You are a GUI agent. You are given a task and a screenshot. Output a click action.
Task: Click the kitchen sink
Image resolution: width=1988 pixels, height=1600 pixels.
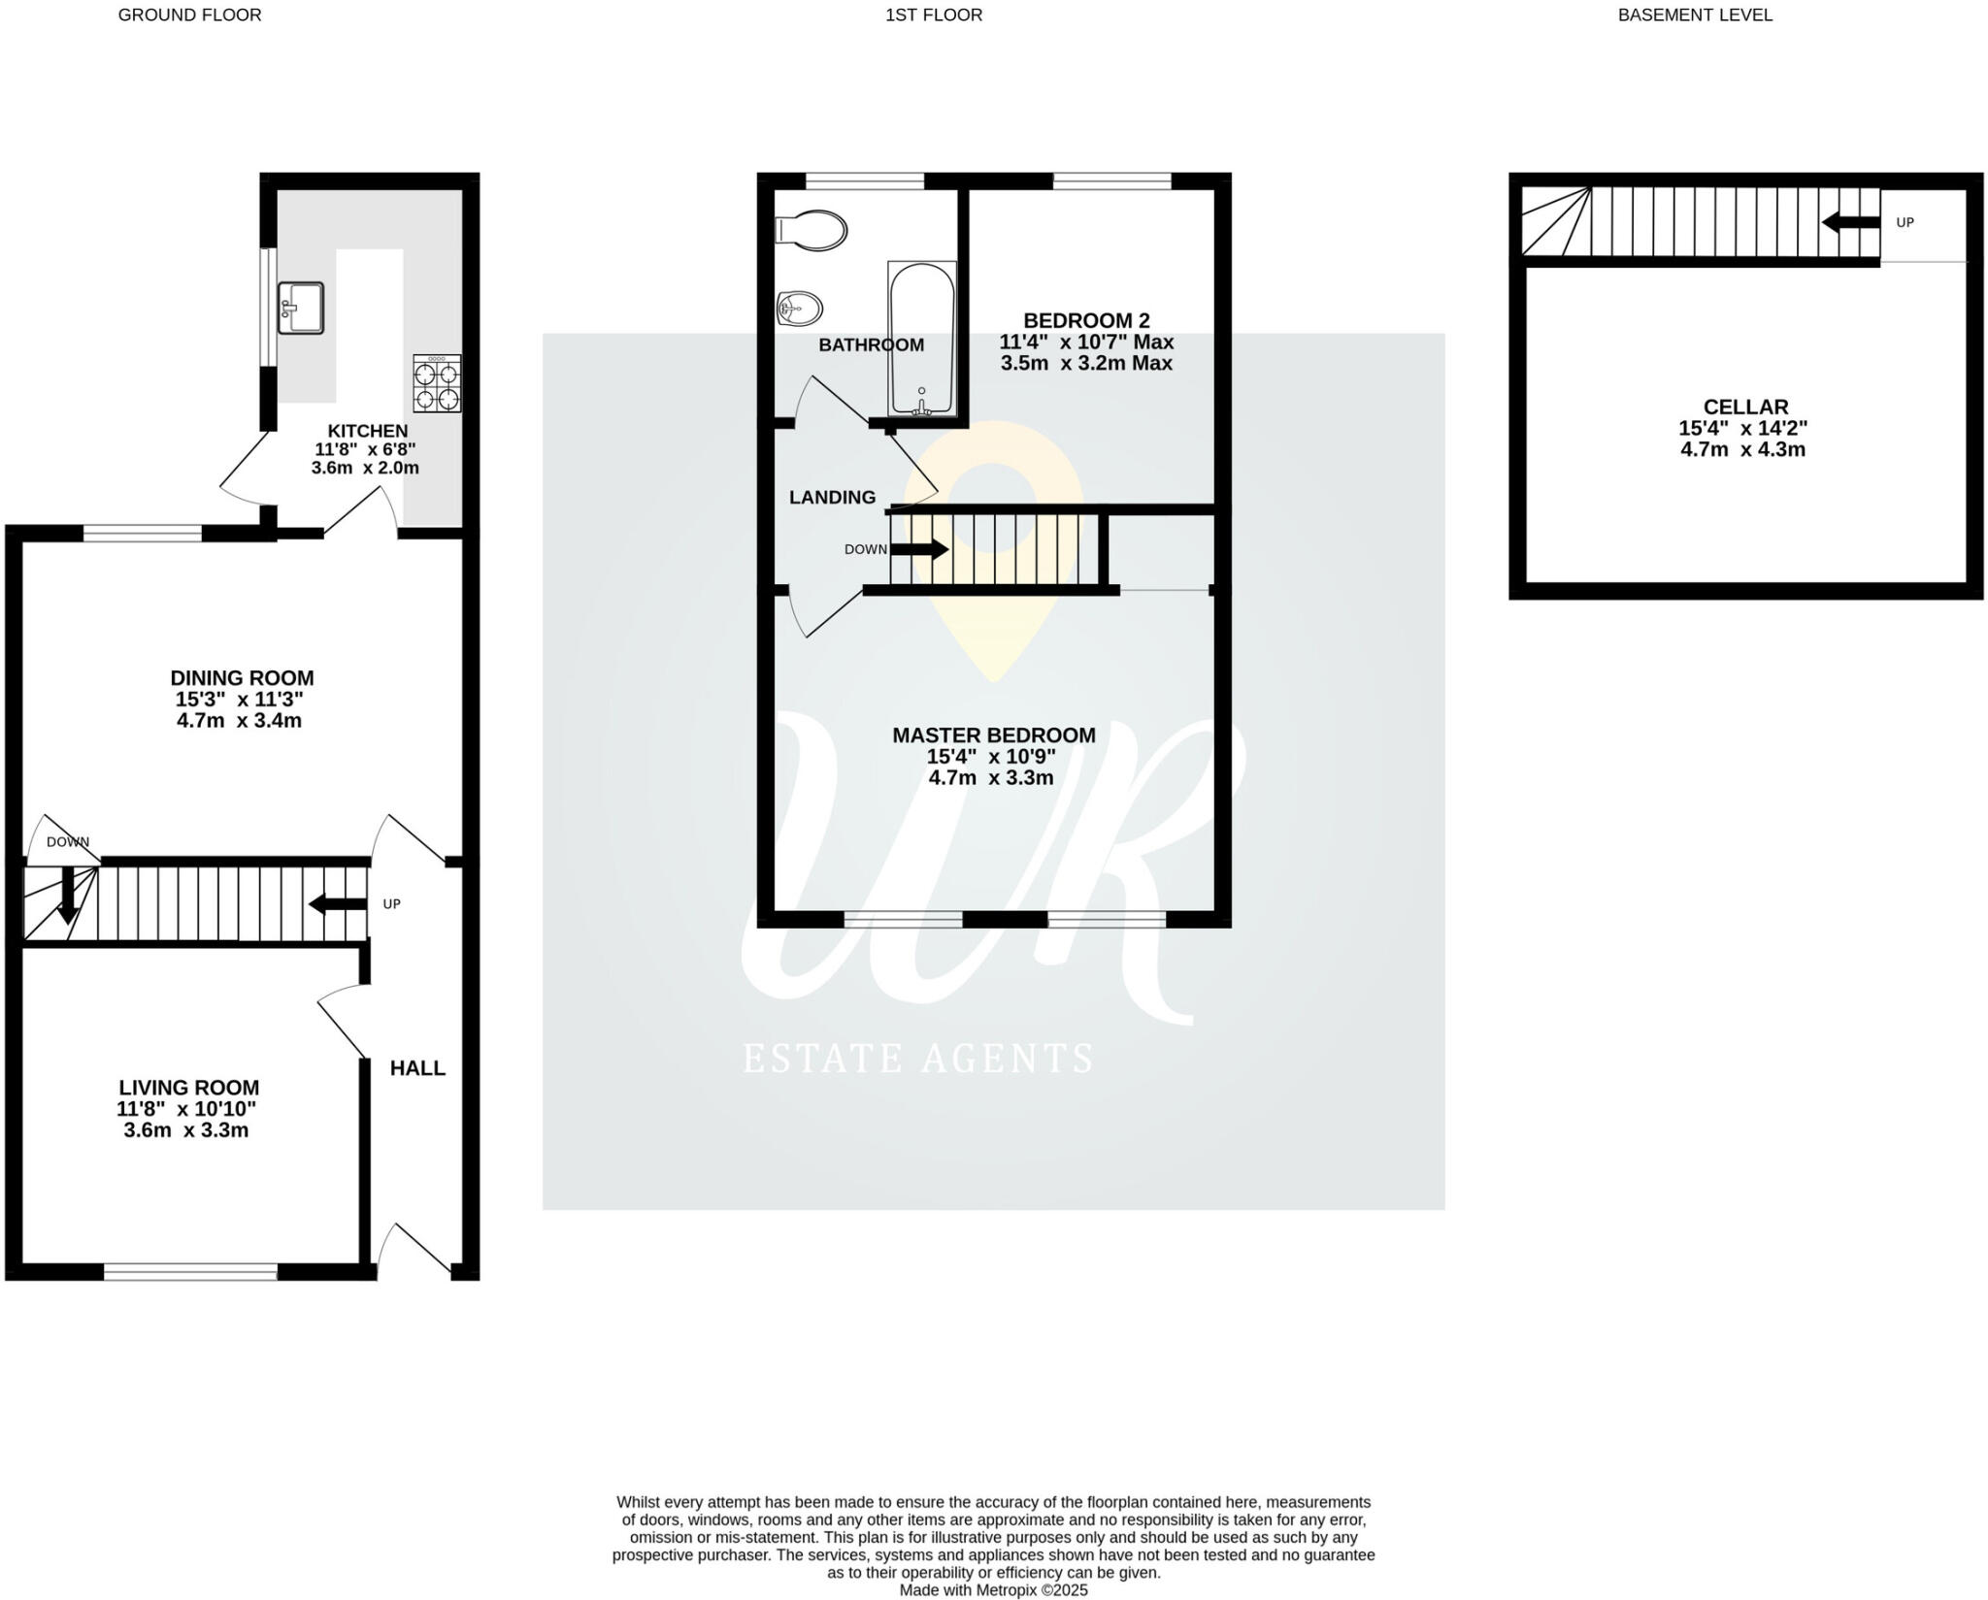[x=300, y=308]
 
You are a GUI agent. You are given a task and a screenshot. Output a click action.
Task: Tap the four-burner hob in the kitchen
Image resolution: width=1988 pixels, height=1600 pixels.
[x=437, y=383]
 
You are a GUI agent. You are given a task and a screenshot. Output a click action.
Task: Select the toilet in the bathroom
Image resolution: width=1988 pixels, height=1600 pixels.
[x=812, y=231]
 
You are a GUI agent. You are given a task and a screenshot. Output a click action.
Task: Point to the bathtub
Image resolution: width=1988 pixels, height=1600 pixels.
[x=921, y=338]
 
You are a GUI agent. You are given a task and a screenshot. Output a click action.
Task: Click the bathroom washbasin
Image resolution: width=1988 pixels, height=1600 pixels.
[x=800, y=310]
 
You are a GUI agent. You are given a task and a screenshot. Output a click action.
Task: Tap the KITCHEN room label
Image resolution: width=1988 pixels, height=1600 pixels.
[x=367, y=431]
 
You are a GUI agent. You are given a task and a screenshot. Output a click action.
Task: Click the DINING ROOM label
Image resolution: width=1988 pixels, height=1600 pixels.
[x=242, y=678]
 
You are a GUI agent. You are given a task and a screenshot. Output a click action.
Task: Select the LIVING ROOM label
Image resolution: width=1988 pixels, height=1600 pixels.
[x=188, y=1088]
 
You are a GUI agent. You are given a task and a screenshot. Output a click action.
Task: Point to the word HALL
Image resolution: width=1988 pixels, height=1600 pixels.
[x=417, y=1068]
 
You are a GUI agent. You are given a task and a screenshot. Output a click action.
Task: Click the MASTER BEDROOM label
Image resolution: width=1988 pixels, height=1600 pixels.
[x=993, y=735]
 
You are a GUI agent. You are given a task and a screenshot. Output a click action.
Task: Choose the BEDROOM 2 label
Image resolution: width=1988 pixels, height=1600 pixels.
[x=1086, y=320]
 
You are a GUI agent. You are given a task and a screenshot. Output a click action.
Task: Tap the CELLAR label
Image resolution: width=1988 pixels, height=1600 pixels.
[x=1745, y=408]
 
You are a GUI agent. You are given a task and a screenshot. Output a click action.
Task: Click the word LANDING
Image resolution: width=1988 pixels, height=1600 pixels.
[x=832, y=498]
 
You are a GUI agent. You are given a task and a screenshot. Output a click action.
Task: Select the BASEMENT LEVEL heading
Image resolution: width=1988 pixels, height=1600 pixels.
[x=1695, y=15]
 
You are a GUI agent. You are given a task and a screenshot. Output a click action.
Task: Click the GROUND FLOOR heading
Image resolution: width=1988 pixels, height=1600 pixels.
[x=189, y=15]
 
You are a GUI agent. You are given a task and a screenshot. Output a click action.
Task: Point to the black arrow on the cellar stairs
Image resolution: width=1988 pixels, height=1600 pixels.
[x=1850, y=222]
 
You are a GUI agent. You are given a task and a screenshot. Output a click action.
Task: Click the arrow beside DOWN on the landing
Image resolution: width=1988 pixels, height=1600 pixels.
[x=919, y=549]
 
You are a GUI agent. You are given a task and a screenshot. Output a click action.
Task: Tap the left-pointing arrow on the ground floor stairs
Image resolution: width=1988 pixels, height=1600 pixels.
[x=337, y=904]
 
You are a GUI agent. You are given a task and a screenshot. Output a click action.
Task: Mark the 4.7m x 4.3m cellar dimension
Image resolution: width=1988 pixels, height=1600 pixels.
[x=1742, y=450]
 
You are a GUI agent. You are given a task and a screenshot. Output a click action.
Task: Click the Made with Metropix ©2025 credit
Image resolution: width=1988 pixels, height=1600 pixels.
[x=993, y=1590]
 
